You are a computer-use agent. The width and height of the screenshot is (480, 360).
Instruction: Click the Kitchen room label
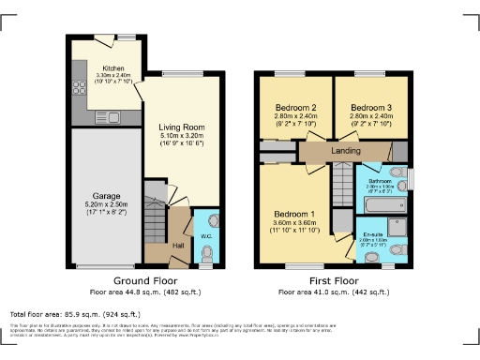point(113,68)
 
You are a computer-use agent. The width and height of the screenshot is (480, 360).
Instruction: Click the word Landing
point(345,149)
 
